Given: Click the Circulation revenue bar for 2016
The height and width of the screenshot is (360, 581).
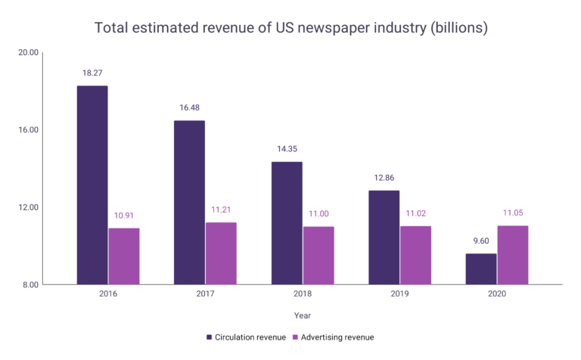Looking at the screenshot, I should (x=92, y=185).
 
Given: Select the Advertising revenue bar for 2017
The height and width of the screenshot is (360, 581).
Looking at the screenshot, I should (x=221, y=253).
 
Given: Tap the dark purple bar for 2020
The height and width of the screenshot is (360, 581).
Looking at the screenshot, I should (x=481, y=269).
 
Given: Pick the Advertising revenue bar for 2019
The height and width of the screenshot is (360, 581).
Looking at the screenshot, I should (x=415, y=255).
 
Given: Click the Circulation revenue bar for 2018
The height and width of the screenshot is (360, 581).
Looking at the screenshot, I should (x=287, y=223).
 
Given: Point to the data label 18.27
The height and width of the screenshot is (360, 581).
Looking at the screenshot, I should (x=92, y=73).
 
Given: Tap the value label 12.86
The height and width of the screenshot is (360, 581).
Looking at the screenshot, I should (x=384, y=178).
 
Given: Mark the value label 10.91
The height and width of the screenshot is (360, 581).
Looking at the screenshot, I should (x=124, y=216).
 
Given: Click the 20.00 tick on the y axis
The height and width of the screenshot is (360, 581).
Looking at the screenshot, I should (x=28, y=53).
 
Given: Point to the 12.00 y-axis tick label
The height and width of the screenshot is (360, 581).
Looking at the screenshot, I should (x=28, y=207).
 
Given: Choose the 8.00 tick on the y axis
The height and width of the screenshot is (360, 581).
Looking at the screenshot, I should (x=30, y=285).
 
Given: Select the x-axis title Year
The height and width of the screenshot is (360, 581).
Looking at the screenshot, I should (x=303, y=315).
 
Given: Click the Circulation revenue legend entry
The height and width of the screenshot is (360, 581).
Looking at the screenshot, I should (x=245, y=337).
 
